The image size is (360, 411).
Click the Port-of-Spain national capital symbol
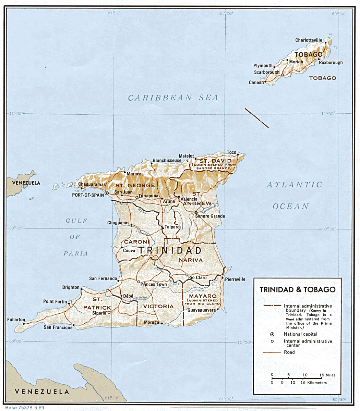pos(107,194)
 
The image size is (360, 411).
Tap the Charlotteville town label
pos(309,40)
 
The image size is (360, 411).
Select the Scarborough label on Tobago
pos(267,72)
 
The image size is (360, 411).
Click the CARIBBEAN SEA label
pos(173,98)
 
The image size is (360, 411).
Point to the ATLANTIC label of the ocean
pos(295,185)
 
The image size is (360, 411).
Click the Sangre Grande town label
pos(210,216)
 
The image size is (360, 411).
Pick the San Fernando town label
pos(103,278)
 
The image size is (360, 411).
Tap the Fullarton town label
pos(16,320)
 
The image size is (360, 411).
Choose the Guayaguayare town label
pos(202,310)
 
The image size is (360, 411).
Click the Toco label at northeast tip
pos(232,152)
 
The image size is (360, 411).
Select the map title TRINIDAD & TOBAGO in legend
pos(297,290)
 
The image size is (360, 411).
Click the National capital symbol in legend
pos(272,334)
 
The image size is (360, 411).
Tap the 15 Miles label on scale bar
pos(327,375)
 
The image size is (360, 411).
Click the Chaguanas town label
pos(118,223)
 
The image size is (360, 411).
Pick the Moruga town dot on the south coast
pos(161,323)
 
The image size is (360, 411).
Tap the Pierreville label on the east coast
pos(235,279)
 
